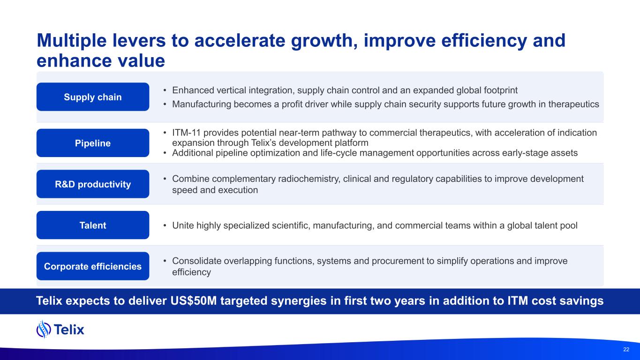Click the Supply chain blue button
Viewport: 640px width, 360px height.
93,97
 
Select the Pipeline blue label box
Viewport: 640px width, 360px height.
93,143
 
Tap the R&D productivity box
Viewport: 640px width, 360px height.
93,184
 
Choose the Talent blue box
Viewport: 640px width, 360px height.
93,225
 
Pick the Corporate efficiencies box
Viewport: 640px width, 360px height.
93,266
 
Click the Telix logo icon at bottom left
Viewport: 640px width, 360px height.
44,329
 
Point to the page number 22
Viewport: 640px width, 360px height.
626,349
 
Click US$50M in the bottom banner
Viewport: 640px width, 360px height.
194,301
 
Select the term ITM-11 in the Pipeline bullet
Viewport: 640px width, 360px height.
186,133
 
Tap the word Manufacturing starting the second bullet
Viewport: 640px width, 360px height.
202,105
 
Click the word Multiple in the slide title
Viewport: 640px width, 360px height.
72,41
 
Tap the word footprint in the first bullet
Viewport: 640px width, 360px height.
501,90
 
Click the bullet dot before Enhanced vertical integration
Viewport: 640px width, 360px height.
165,90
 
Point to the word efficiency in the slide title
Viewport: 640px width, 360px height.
484,41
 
